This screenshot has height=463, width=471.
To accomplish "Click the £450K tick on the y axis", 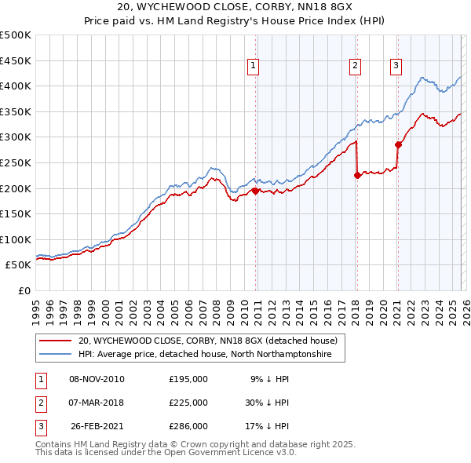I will [16, 60].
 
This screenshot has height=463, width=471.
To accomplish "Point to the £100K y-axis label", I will [16, 239].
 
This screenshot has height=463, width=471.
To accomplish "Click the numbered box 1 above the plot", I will [254, 67].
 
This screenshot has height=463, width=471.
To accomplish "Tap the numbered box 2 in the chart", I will [356, 67].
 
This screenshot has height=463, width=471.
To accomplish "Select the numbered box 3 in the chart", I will [396, 67].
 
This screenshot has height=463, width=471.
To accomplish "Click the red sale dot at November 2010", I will [255, 190].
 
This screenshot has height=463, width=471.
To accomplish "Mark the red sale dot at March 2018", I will [356, 175].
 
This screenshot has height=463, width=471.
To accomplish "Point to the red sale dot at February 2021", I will [397, 144].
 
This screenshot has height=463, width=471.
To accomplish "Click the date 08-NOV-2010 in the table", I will [97, 379].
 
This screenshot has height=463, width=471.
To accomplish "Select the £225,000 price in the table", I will [188, 403].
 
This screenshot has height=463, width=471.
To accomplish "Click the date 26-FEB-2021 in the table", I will [97, 426].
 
